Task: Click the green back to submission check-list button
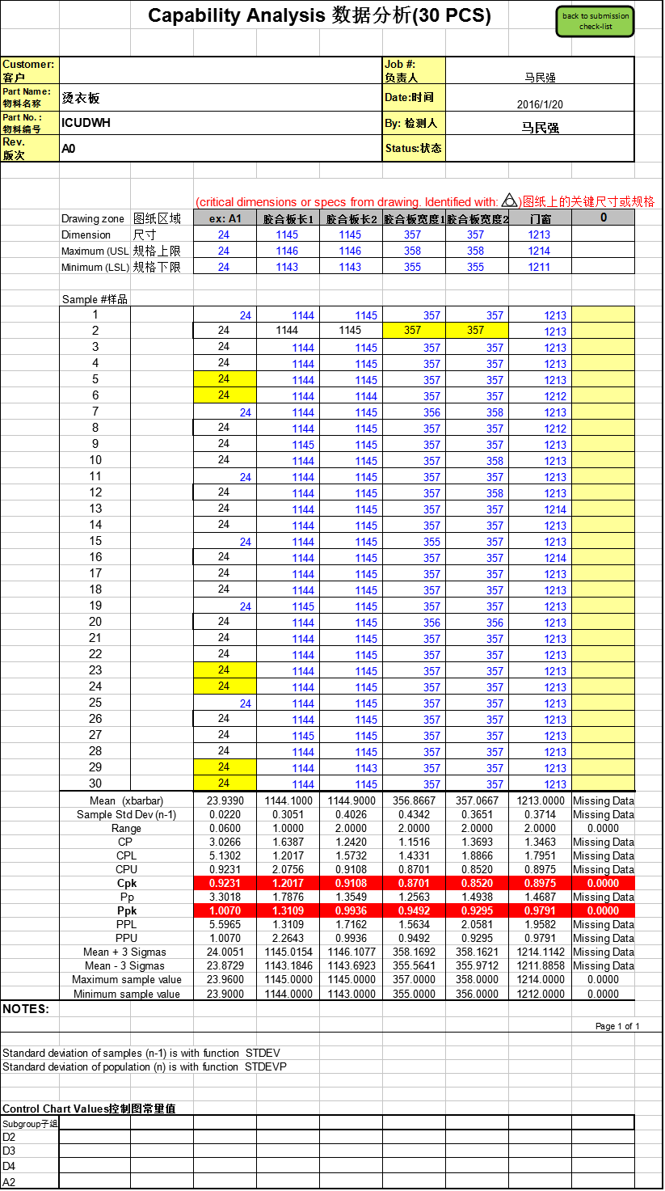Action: pyautogui.click(x=595, y=21)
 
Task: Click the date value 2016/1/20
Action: pyautogui.click(x=540, y=104)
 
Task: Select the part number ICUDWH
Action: pyautogui.click(x=86, y=123)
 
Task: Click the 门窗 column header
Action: pyautogui.click(x=540, y=218)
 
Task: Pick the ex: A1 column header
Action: pyautogui.click(x=225, y=218)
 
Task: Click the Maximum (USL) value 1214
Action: pyautogui.click(x=540, y=251)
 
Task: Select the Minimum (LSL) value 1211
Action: pyautogui.click(x=540, y=267)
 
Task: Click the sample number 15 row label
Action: pyautogui.click(x=95, y=541)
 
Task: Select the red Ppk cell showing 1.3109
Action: pyautogui.click(x=287, y=911)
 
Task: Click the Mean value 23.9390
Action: pyautogui.click(x=225, y=800)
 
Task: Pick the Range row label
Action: pyautogui.click(x=126, y=828)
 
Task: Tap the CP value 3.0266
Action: pyautogui.click(x=225, y=842)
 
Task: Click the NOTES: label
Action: pyautogui.click(x=26, y=1009)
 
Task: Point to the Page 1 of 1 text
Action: pyautogui.click(x=617, y=1026)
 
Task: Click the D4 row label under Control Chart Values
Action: pyautogui.click(x=10, y=1166)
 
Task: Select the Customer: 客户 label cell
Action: pyautogui.click(x=29, y=70)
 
